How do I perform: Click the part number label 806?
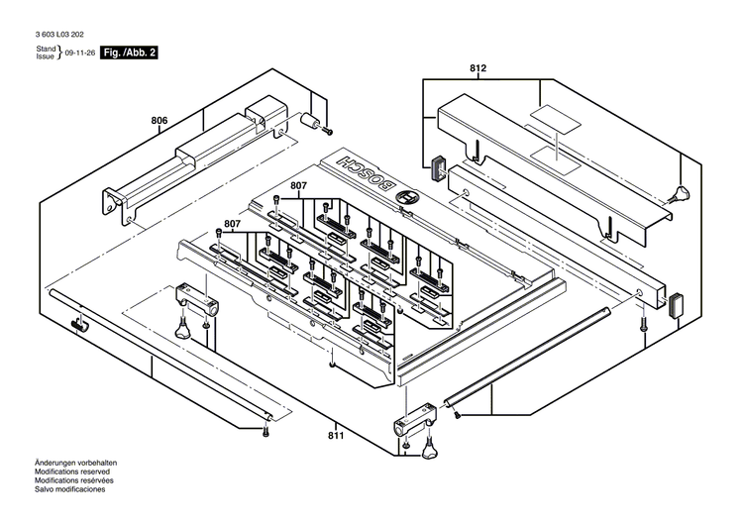pos(159,121)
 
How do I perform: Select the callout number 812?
pos(478,68)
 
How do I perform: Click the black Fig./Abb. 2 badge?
pos(130,52)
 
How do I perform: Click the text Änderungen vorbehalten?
pos(76,464)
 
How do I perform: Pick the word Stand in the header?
pos(46,48)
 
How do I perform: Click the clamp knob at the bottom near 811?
pos(429,452)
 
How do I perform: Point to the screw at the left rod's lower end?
pos(265,431)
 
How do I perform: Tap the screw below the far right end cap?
pos(643,326)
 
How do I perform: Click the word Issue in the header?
pos(46,56)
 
